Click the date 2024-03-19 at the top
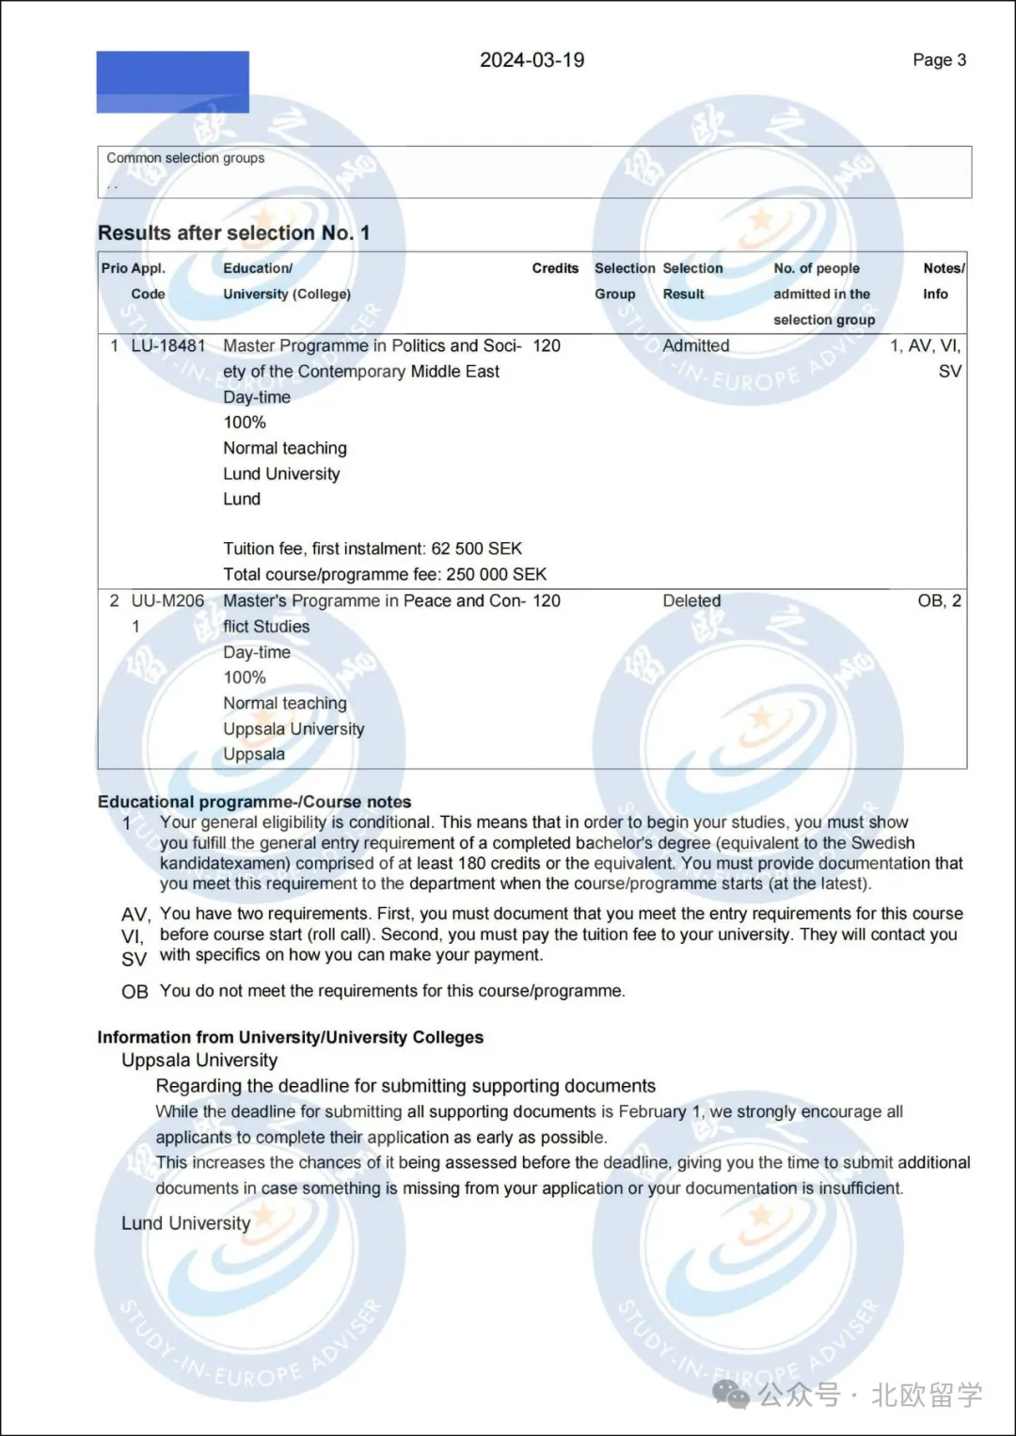pos(532,60)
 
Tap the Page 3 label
pos(939,60)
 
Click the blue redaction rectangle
pos(172,82)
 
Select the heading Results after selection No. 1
pos(233,232)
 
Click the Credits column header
pos(555,268)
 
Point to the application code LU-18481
pos(168,345)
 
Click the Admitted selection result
pos(695,345)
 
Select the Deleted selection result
pos(691,600)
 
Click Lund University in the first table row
pos(281,473)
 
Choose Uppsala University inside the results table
pos(294,728)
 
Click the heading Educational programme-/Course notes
pos(254,802)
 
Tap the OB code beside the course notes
pos(135,992)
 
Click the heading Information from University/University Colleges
pos(290,1037)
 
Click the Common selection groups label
pos(185,158)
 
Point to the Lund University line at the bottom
pos(185,1223)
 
